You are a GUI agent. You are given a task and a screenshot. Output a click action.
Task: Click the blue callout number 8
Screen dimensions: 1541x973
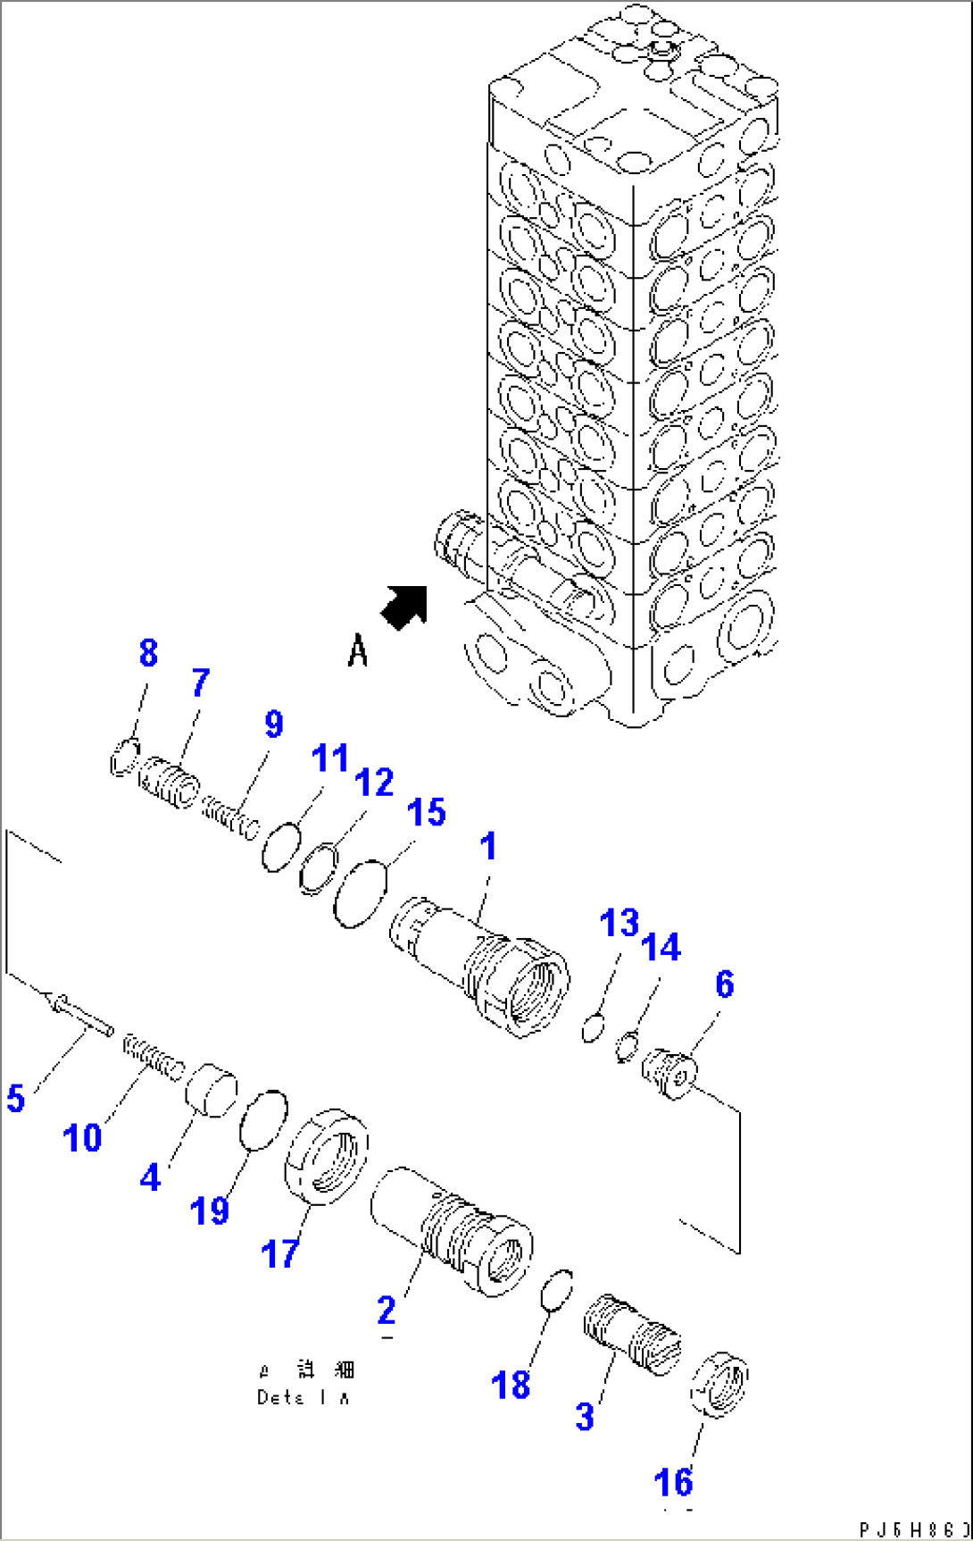[148, 653]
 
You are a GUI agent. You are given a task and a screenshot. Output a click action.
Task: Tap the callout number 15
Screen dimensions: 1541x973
[426, 813]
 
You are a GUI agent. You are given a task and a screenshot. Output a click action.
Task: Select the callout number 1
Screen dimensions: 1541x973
[487, 846]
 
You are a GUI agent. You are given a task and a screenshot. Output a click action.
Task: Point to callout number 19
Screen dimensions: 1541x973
[210, 1211]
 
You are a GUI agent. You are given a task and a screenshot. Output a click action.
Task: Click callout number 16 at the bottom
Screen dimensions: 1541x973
[673, 1482]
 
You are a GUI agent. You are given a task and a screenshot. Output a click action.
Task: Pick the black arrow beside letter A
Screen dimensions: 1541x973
[405, 607]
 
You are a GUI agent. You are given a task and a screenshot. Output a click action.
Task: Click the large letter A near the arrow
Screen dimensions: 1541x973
[358, 650]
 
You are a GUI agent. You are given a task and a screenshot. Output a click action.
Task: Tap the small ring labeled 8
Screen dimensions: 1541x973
[124, 758]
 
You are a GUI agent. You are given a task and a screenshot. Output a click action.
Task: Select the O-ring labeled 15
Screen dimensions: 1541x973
[361, 894]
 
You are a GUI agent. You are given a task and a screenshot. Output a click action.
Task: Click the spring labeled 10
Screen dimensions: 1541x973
[154, 1057]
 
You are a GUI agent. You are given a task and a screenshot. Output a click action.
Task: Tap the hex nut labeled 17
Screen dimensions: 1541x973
[328, 1156]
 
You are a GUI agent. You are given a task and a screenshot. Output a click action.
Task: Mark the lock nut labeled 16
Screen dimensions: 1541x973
[719, 1384]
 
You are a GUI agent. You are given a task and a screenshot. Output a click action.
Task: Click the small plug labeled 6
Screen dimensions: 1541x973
[669, 1073]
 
